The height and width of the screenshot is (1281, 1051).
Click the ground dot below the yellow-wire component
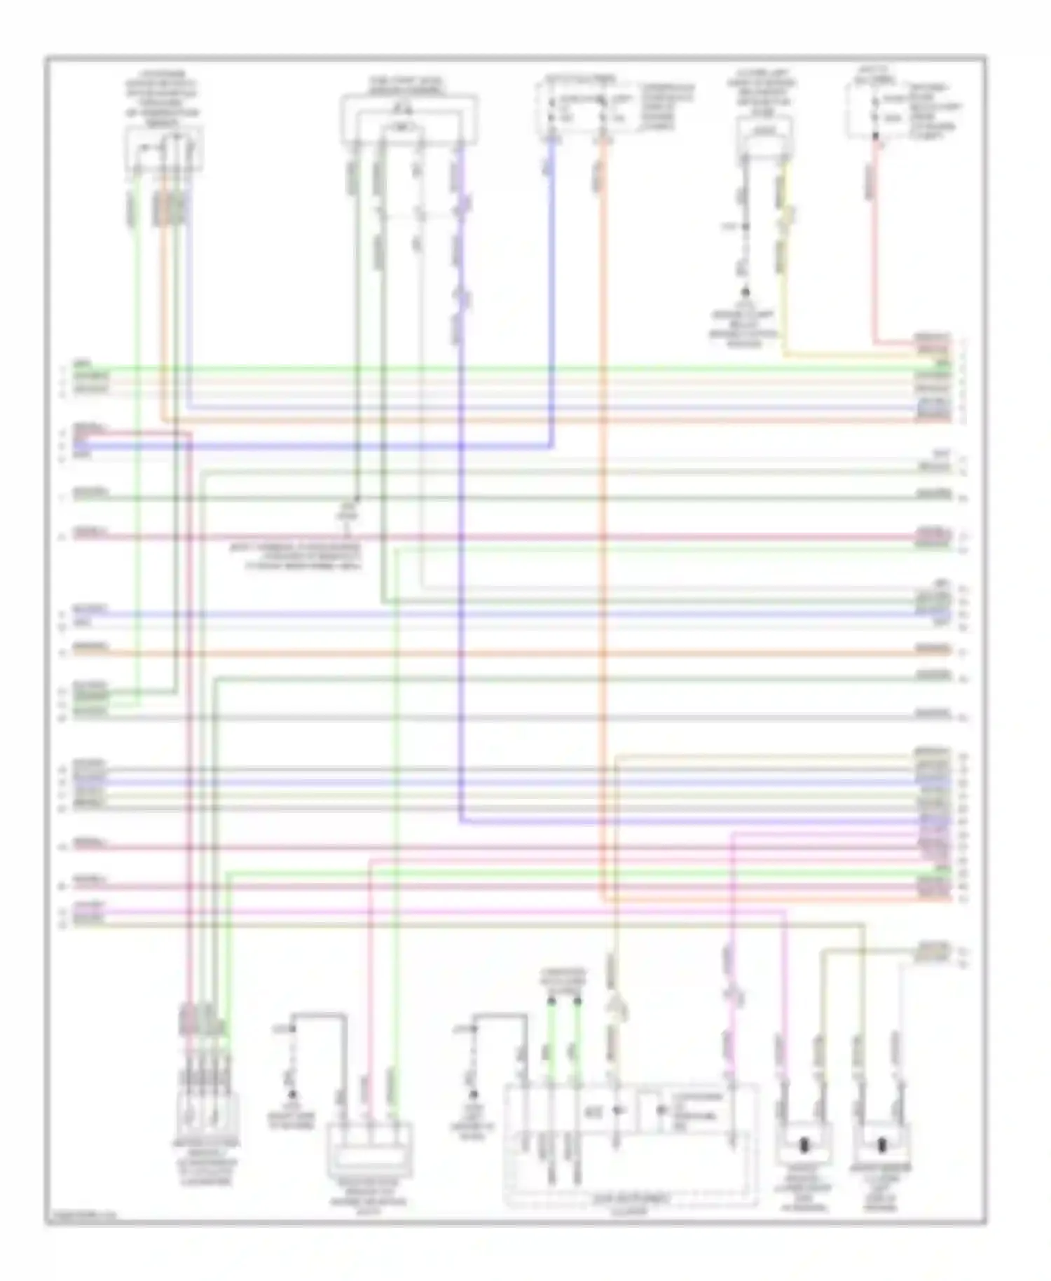coord(745,292)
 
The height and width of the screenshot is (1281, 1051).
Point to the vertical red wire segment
coord(874,245)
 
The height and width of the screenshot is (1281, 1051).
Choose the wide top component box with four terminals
coord(408,120)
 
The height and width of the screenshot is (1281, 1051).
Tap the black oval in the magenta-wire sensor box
coord(804,1146)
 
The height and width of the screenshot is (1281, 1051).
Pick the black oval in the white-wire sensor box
coord(881,1146)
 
